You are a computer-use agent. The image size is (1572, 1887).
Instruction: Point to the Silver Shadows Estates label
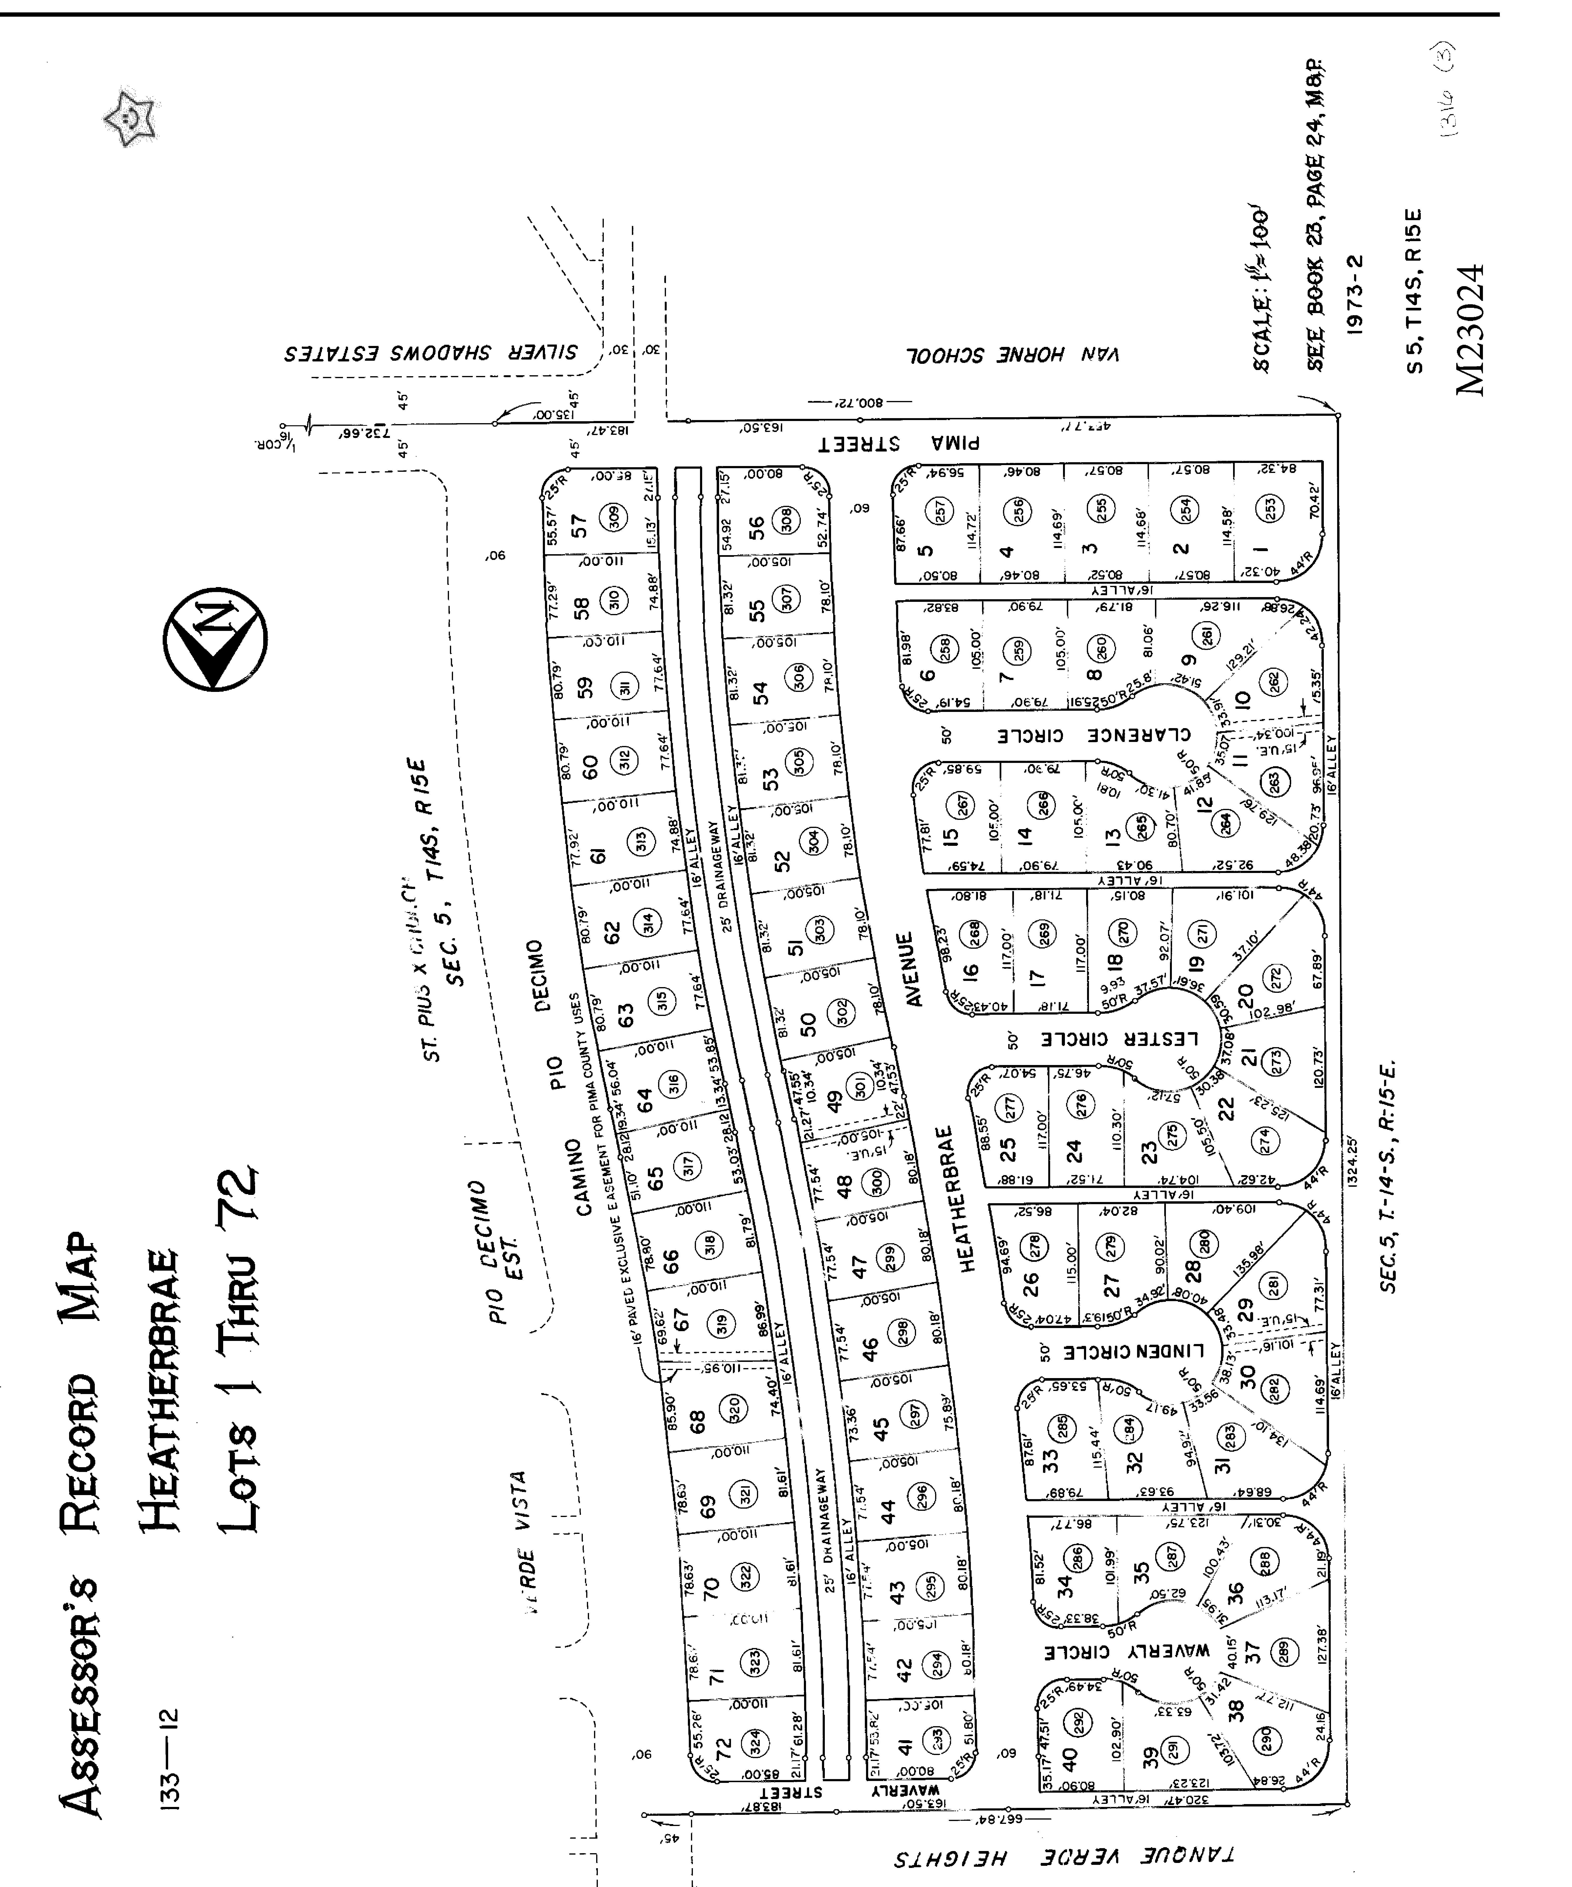pyautogui.click(x=431, y=353)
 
